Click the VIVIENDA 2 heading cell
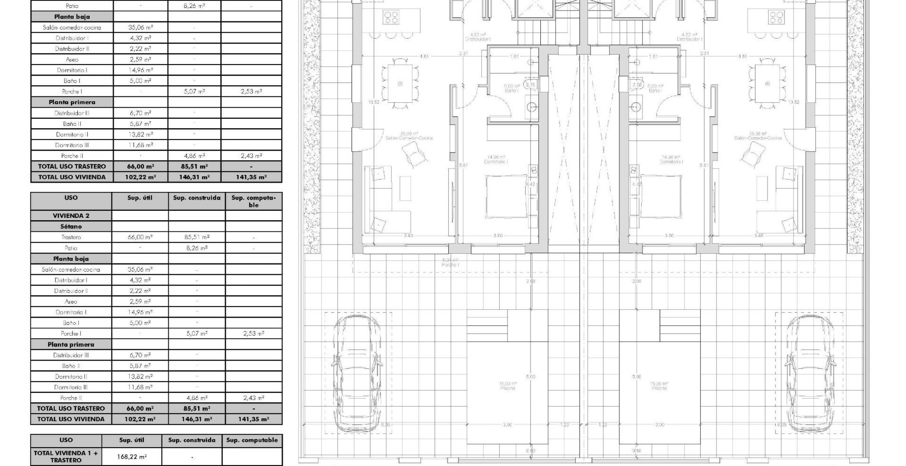71,216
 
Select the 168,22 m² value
132,457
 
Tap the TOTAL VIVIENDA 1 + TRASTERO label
66,457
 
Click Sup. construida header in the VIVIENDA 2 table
197,198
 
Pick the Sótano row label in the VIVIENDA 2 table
71,227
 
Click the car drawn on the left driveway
357,374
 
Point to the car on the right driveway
809,374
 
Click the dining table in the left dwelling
400,83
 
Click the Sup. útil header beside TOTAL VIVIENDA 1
132,440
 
